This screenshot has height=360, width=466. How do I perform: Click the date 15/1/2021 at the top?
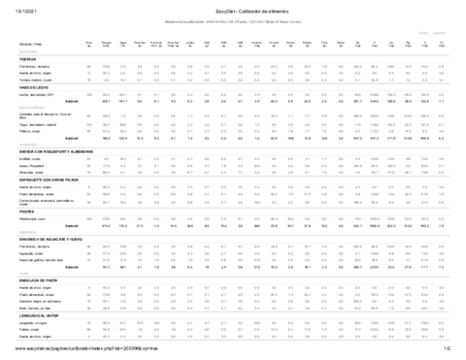19,9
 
